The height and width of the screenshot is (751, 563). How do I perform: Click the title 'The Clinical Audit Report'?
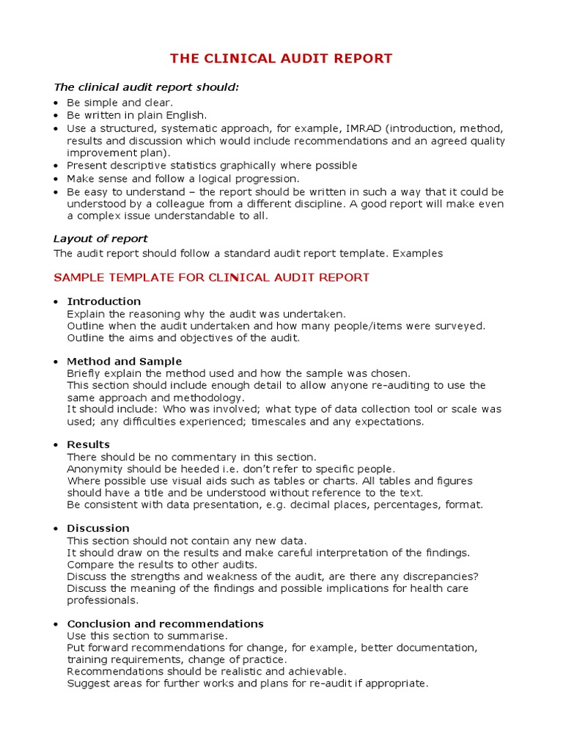point(281,59)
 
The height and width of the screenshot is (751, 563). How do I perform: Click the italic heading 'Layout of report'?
point(100,239)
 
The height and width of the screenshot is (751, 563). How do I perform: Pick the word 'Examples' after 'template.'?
point(418,254)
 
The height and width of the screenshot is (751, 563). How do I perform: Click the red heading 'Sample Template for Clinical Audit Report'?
point(212,278)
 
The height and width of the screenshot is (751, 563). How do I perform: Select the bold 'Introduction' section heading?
point(104,301)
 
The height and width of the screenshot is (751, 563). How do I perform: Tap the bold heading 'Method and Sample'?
point(125,362)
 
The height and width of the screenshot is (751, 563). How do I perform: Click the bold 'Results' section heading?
point(89,444)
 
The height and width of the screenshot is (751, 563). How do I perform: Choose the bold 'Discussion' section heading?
point(98,528)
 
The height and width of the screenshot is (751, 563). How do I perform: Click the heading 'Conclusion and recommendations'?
point(166,624)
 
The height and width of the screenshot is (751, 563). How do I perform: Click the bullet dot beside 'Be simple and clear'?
point(56,103)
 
